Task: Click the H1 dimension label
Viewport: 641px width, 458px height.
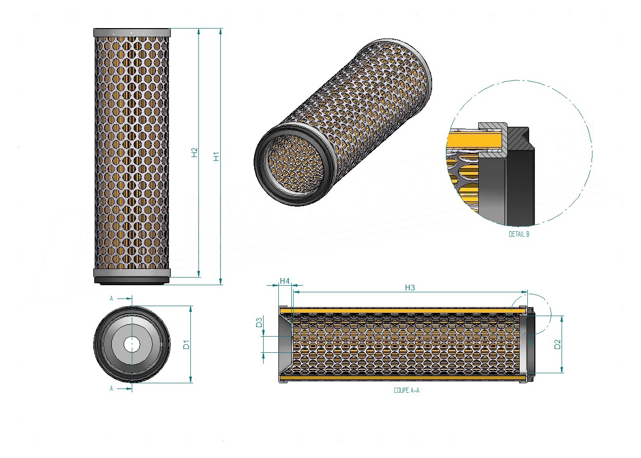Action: point(217,156)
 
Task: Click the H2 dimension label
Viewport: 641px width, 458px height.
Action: point(195,152)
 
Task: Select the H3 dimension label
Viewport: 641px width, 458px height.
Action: point(410,288)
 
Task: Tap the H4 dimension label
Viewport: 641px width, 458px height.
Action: point(285,281)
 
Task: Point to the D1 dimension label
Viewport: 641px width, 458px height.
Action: point(186,344)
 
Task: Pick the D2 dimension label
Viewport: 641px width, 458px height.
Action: point(557,344)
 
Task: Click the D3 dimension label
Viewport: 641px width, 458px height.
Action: point(259,323)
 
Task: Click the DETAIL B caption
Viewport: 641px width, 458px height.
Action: point(519,234)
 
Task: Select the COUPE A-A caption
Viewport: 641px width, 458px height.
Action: point(407,390)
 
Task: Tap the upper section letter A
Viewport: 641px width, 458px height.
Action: point(111,299)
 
